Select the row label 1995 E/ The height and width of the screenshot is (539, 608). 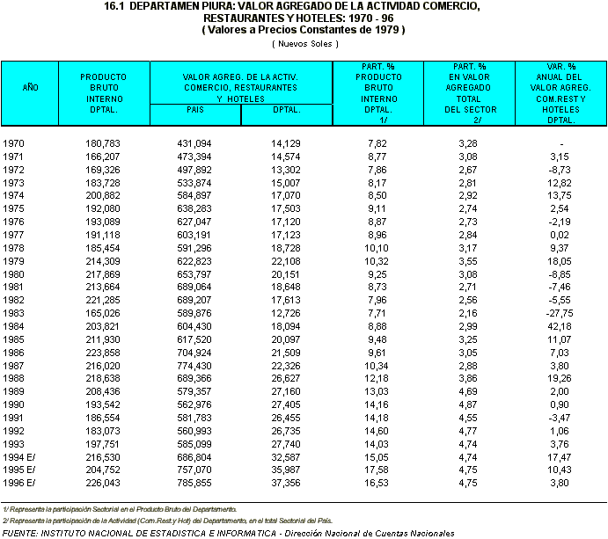tap(19, 470)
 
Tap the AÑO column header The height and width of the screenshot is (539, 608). tap(30, 88)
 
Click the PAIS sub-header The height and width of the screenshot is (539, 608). tap(194, 110)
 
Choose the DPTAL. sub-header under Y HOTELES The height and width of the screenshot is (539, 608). tap(286, 110)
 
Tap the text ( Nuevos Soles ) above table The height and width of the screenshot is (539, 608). tap(304, 43)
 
